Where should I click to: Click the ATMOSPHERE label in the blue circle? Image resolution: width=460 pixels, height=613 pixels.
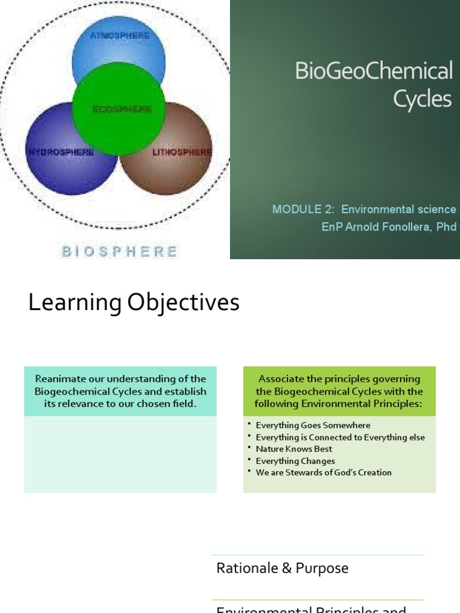120,35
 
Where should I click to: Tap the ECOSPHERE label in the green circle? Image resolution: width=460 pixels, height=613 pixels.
122,110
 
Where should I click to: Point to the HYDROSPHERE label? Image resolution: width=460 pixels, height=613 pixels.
60,152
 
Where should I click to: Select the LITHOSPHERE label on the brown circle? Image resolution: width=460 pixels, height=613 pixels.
181,152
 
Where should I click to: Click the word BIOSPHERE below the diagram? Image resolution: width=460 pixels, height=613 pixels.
119,251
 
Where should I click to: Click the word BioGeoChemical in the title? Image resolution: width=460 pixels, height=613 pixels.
374,71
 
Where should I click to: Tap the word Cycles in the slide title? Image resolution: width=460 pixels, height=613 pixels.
422,99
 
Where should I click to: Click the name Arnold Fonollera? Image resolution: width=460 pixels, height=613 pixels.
380,227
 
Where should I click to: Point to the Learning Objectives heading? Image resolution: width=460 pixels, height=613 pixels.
134,303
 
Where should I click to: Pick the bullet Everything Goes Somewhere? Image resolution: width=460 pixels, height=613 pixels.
313,425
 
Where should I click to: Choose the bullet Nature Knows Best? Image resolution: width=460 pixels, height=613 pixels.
293,449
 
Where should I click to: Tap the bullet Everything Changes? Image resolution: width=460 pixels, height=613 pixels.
295,461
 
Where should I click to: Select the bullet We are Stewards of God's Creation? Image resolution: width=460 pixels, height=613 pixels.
323,472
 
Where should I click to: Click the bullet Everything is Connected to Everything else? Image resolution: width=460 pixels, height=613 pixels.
340,437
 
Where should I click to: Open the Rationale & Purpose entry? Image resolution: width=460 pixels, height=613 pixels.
282,568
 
